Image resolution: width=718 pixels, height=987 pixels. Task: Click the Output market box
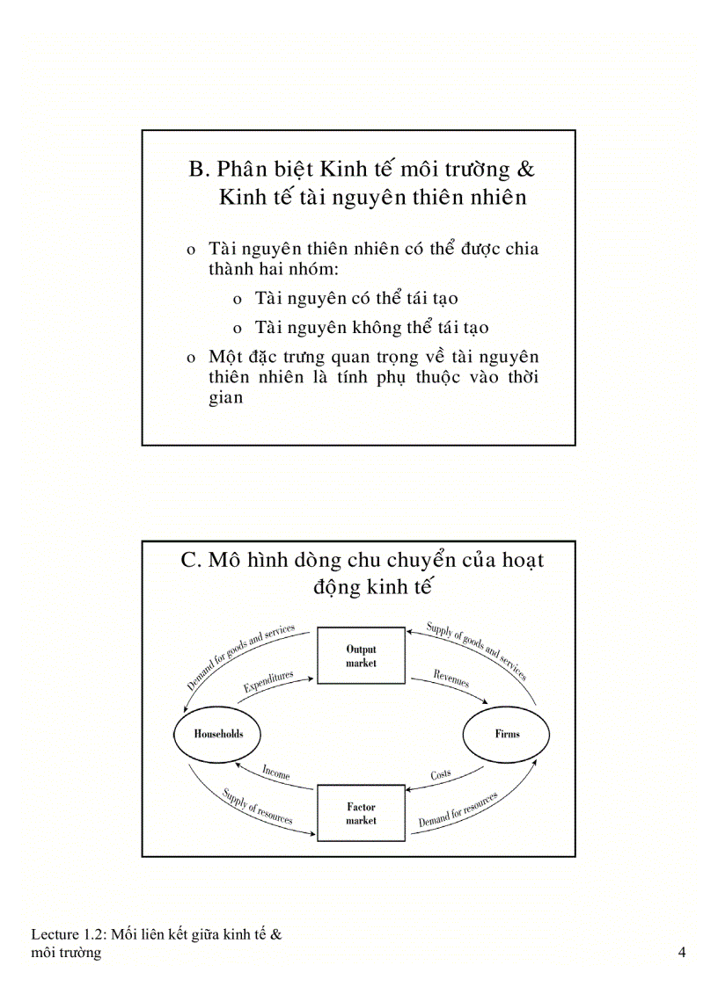[x=361, y=656]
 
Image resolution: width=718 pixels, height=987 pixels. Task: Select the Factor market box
[x=361, y=813]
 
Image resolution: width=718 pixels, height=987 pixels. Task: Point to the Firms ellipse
[x=507, y=734]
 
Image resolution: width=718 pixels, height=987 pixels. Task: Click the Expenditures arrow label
[x=267, y=684]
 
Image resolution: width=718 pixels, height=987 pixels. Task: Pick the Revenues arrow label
[x=451, y=679]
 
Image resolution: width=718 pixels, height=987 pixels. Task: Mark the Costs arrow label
[x=441, y=775]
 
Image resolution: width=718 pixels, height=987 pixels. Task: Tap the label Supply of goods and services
[x=476, y=651]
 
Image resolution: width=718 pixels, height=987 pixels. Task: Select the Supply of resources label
[x=257, y=805]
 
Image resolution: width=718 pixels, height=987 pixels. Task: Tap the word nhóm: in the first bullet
[x=300, y=269]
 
